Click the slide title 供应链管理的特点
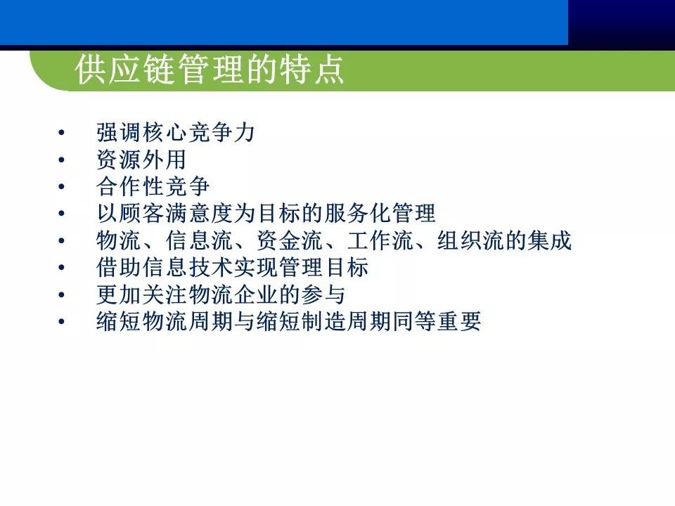point(210,70)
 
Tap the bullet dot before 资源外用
point(62,160)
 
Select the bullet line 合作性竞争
point(153,187)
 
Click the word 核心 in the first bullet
point(164,134)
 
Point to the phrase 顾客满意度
point(175,214)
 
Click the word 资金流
point(288,240)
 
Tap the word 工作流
point(379,240)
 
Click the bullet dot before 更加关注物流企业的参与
point(62,294)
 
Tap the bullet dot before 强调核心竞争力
point(62,134)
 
